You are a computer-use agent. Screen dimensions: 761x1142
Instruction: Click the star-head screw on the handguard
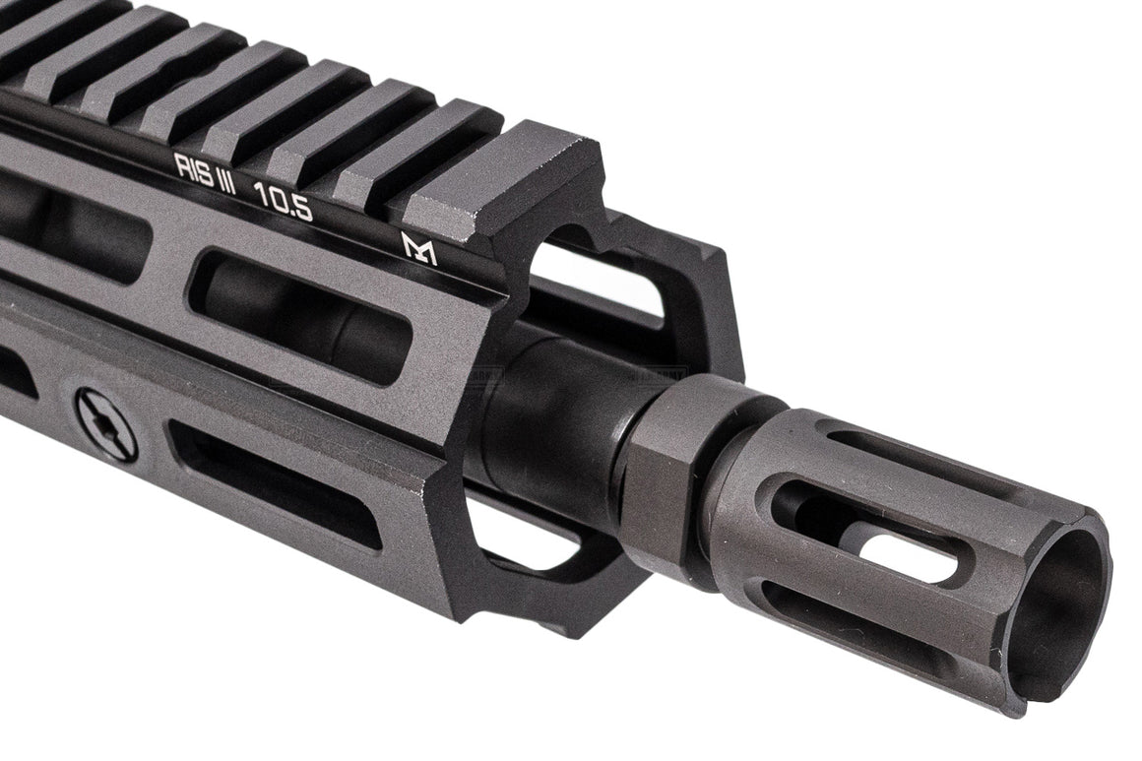coord(106,423)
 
